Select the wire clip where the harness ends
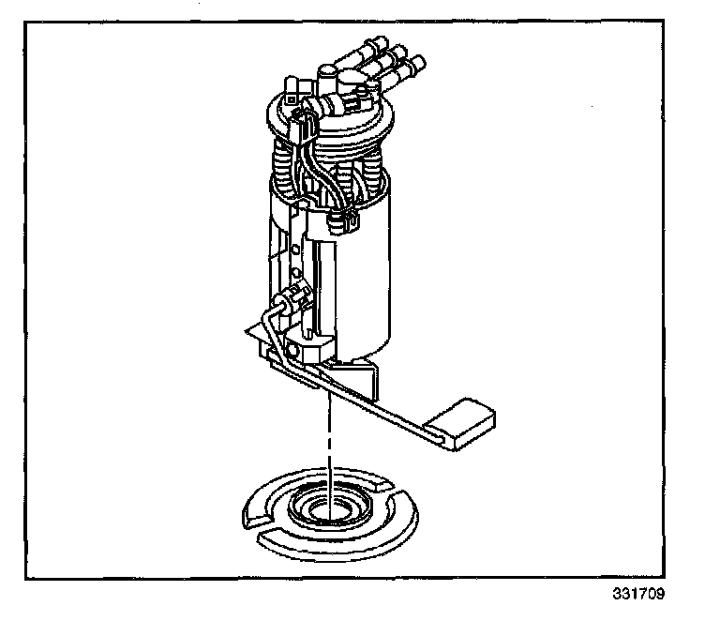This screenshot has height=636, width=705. coord(343,222)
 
